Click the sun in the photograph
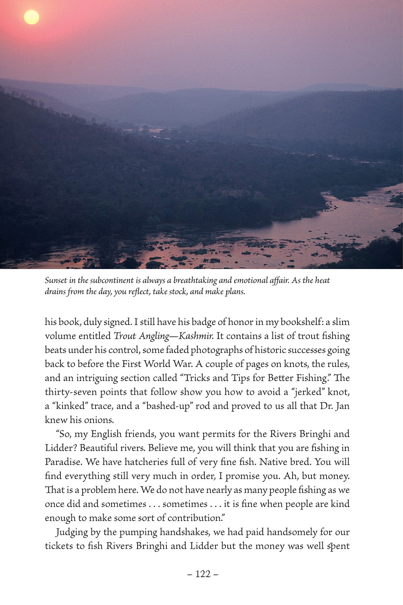[x=31, y=17]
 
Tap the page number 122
[x=203, y=574]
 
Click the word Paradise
[x=62, y=462]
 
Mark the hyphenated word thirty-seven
[x=69, y=392]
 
